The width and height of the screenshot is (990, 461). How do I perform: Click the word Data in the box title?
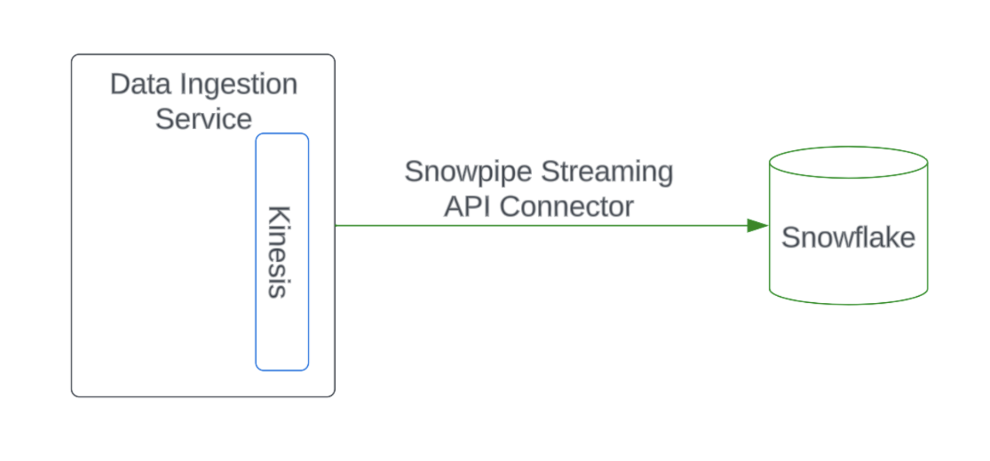(x=141, y=84)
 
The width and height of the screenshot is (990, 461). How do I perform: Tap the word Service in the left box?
(x=204, y=119)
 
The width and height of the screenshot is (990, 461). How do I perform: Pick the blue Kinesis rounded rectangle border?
(x=256, y=307)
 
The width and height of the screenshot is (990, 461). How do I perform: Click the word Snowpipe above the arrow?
(x=468, y=172)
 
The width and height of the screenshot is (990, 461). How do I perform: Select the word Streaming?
(x=607, y=172)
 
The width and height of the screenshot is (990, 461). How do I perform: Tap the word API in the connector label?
(x=467, y=207)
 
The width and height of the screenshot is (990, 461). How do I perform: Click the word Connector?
(x=566, y=207)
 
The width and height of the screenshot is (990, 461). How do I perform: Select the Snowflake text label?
(x=848, y=238)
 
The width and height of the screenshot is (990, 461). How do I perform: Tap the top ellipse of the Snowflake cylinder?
(x=848, y=162)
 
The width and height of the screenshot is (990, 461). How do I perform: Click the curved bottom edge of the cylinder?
(x=848, y=303)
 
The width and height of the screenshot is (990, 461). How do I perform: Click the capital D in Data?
(x=122, y=84)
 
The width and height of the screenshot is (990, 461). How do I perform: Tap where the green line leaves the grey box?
(x=336, y=226)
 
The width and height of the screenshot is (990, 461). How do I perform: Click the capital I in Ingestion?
(x=183, y=84)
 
